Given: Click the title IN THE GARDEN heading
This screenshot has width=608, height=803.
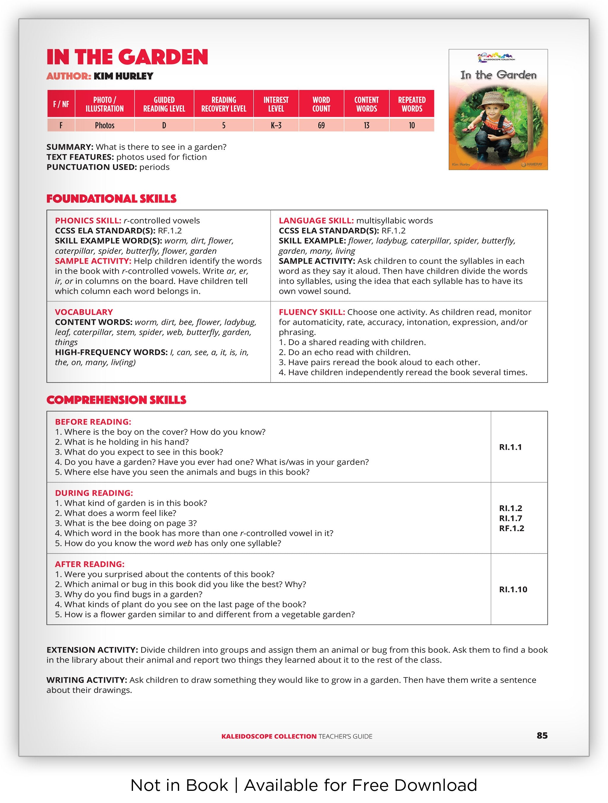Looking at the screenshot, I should coord(127,57).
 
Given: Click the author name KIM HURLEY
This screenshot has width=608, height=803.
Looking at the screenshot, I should coord(123,76).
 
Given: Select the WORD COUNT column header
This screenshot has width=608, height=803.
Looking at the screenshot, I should coord(321,104).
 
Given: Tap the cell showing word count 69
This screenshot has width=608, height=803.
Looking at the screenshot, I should coord(321,126).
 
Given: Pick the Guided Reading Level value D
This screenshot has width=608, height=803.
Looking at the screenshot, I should coord(164,126).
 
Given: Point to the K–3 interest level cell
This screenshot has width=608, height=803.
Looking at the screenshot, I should coord(276,126).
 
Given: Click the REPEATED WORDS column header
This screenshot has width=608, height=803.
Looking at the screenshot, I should coord(412,104).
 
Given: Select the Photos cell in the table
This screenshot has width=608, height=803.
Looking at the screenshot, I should coord(104,126).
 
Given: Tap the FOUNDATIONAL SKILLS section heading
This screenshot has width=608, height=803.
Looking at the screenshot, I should coord(111,199).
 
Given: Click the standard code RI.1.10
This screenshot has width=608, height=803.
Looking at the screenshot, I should coord(513,590).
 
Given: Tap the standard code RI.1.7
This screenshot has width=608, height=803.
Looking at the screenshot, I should coord(510,518).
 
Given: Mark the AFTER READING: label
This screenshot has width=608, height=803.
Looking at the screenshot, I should coord(90,564).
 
